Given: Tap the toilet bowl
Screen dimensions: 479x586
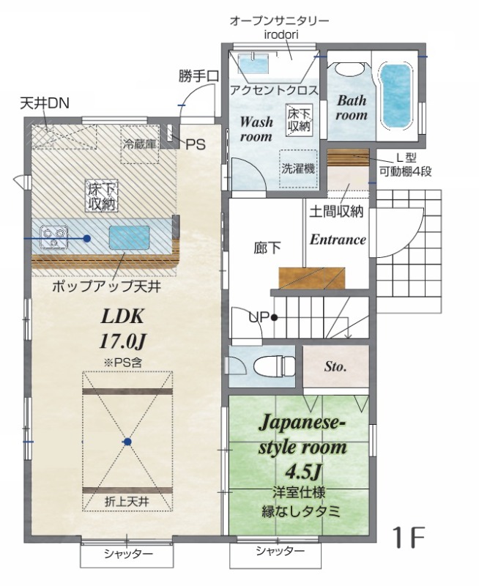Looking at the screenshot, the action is tap(274, 366).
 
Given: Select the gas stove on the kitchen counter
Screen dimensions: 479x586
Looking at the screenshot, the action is tap(54, 237).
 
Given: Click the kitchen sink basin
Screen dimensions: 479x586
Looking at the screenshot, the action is tap(130, 237).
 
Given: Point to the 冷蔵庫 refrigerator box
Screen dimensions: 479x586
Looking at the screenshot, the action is tap(140, 144).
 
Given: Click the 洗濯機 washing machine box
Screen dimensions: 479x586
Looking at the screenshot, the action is tap(298, 169).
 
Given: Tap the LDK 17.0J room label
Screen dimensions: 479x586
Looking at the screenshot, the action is tap(122, 329).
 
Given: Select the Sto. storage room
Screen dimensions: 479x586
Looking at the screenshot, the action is tap(335, 366).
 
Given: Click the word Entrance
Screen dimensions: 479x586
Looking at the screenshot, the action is tap(338, 240).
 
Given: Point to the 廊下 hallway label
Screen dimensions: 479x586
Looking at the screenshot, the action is tap(267, 248).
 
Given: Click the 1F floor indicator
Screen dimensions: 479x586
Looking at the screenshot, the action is tap(410, 537).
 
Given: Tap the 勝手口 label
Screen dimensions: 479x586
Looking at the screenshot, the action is tap(198, 76).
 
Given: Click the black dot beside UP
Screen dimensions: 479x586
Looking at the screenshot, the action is tap(274, 318).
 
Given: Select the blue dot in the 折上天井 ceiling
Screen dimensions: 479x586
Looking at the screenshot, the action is tap(127, 442).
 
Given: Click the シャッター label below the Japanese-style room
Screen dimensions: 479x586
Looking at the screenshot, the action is tap(281, 551).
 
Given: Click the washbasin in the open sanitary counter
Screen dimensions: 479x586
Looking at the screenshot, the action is tap(253, 64).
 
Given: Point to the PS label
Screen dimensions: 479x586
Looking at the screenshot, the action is tap(196, 144).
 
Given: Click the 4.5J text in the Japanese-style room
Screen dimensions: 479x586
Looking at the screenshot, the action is tap(303, 472).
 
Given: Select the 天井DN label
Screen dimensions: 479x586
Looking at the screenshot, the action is tap(45, 103).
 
